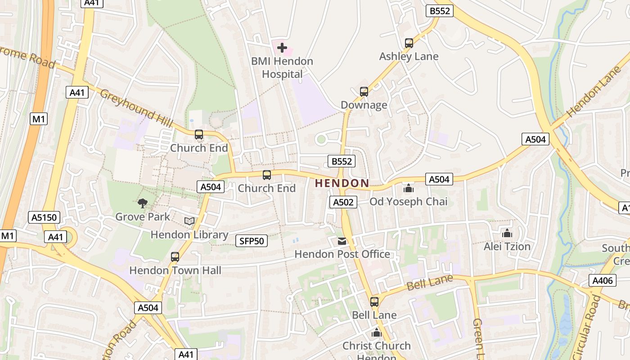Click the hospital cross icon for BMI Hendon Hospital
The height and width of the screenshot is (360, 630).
coord(282,47)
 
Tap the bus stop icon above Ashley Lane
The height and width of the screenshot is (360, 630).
coord(409,43)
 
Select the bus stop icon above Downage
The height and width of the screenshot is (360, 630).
coord(364,92)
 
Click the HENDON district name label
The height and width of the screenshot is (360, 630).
coord(342,183)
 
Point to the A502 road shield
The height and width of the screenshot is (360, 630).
coord(343,202)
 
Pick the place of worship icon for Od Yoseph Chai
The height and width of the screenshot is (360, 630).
coord(409,188)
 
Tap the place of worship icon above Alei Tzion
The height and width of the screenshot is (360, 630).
coord(507,233)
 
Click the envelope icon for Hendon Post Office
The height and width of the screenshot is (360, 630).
coord(342,241)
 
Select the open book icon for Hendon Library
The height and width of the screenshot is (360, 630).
coord(189,221)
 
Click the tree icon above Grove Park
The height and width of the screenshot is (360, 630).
coord(143,203)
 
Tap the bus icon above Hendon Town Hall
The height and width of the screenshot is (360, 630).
coord(175,257)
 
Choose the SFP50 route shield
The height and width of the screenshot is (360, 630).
coord(252,241)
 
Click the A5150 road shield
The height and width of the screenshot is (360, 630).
coord(44,218)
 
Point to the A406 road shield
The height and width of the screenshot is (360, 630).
coord(602,281)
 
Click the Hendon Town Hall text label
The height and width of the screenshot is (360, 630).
coord(175,270)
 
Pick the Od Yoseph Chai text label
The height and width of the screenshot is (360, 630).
coord(409,202)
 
